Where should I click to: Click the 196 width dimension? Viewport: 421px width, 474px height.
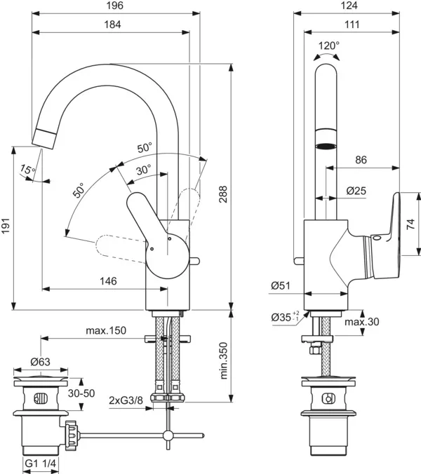point(116,6)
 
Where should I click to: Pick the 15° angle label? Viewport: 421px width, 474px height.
point(27,170)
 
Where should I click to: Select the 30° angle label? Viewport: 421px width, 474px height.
point(143,169)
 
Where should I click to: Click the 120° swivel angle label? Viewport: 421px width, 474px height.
point(328,45)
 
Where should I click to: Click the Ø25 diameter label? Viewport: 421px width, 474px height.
point(357,190)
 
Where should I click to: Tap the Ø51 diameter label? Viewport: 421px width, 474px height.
point(281,285)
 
